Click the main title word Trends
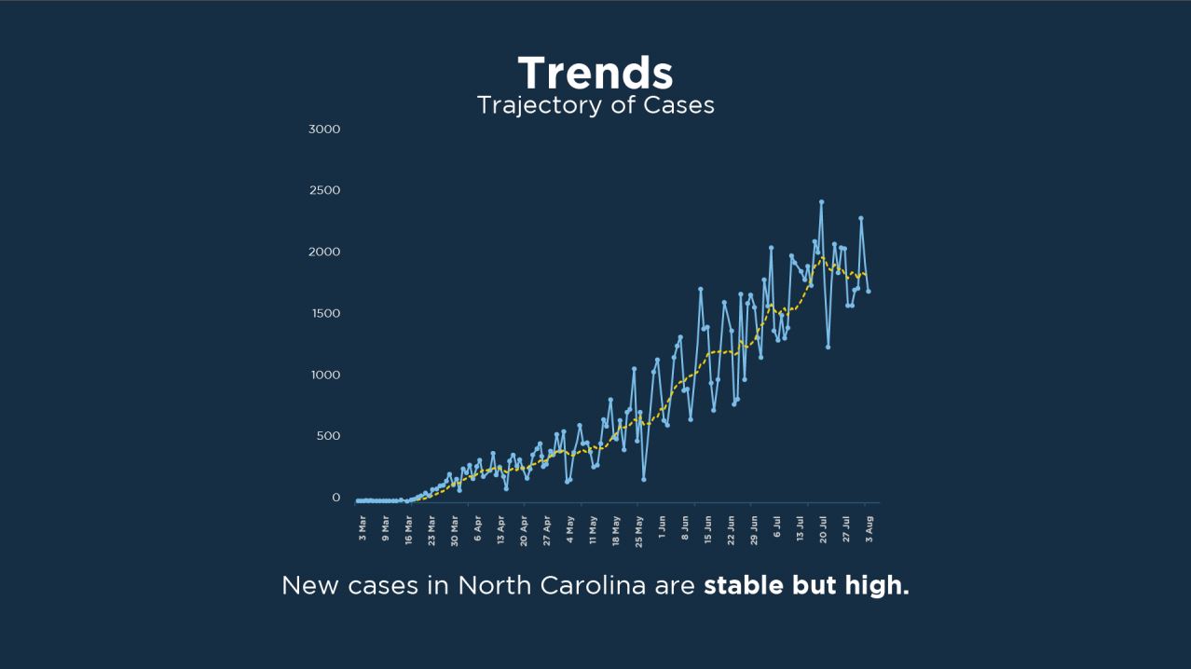[595, 73]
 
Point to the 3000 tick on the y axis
[324, 129]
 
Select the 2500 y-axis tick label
[324, 190]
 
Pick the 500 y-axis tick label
[327, 436]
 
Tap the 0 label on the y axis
[336, 498]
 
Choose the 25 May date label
[639, 526]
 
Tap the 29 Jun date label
[755, 526]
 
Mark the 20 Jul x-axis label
[824, 526]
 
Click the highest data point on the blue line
[821, 201]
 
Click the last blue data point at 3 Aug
[869, 292]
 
